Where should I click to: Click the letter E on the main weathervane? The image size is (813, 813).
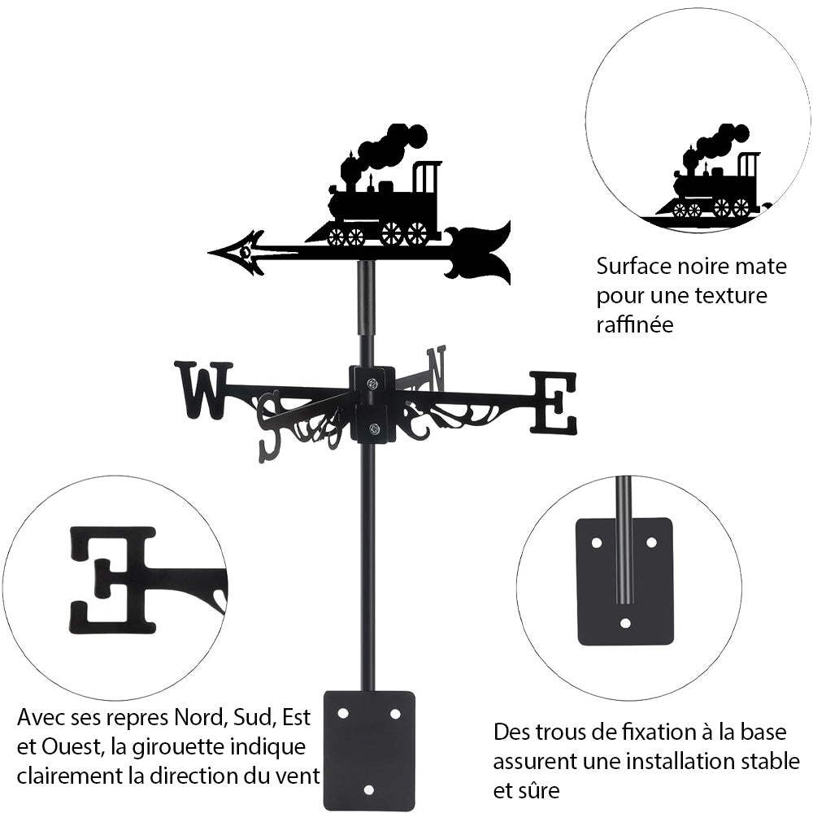coord(554,402)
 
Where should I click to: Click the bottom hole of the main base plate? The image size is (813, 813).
coord(369,789)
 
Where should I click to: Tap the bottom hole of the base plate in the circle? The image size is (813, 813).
coord(624,624)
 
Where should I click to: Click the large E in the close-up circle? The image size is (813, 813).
coord(114,579)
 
